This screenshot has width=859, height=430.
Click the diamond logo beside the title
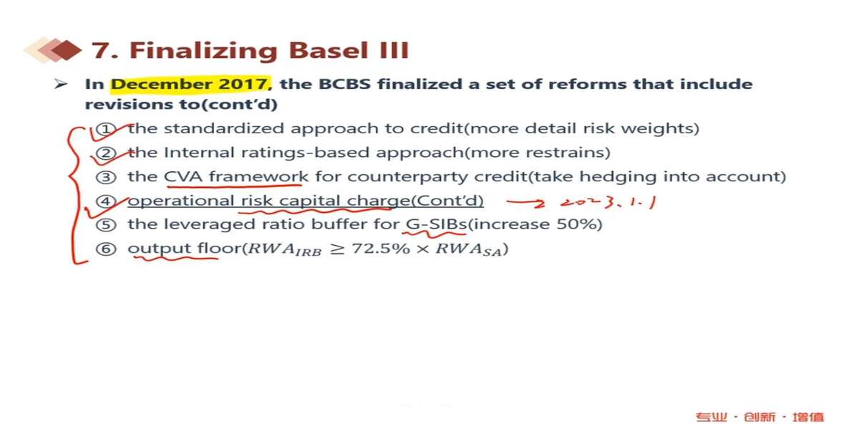[x=53, y=50]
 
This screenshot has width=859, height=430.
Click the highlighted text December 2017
[x=190, y=84]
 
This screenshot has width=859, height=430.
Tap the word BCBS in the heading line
[x=344, y=84]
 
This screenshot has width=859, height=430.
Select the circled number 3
[x=106, y=178]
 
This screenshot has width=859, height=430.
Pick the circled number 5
[x=106, y=225]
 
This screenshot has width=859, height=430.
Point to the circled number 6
[x=106, y=249]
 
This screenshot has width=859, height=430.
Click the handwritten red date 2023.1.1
[x=608, y=202]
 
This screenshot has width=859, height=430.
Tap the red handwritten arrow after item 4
[x=525, y=202]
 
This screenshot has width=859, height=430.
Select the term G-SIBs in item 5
[x=436, y=224]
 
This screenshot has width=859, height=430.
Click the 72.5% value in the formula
[x=380, y=249]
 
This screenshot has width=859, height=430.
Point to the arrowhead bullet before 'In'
[x=61, y=84]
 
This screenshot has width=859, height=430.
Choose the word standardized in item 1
[x=224, y=128]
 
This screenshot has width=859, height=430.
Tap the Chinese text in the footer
[x=759, y=417]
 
